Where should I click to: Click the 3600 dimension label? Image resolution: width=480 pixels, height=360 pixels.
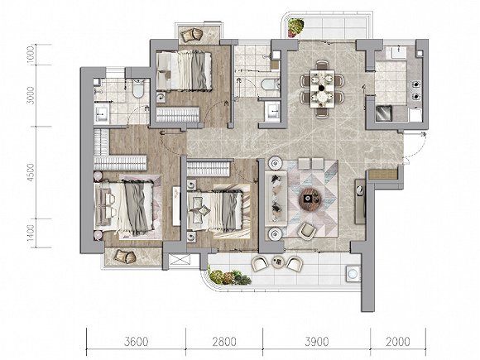[x=137, y=341]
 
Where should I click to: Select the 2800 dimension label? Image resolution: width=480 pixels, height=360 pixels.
[x=225, y=341]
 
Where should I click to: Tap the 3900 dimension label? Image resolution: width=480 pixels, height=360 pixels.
[x=316, y=341]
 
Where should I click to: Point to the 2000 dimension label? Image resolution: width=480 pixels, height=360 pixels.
[x=397, y=341]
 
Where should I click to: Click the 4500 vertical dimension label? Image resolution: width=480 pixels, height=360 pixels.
[x=31, y=172]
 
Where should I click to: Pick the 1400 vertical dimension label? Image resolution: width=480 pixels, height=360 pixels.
[x=31, y=233]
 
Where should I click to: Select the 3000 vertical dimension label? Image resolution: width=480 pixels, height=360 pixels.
[x=31, y=95]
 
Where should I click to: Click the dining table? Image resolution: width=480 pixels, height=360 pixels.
[x=322, y=89]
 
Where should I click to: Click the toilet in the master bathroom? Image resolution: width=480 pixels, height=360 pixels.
[x=138, y=89]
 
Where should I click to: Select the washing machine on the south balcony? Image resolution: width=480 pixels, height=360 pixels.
[x=353, y=273]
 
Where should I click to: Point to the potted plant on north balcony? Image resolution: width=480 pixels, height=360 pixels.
[x=295, y=27]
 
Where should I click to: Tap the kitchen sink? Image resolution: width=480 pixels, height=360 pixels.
[x=398, y=53]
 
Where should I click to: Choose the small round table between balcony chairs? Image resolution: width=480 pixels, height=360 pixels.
[x=278, y=262]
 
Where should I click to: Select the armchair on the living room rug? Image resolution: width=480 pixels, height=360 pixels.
[x=307, y=231]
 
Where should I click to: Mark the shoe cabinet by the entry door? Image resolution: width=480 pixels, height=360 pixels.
[x=382, y=175]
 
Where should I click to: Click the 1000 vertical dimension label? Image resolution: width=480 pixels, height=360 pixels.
[x=31, y=55]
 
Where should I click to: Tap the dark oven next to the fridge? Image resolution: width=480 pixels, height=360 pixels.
[x=384, y=113]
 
